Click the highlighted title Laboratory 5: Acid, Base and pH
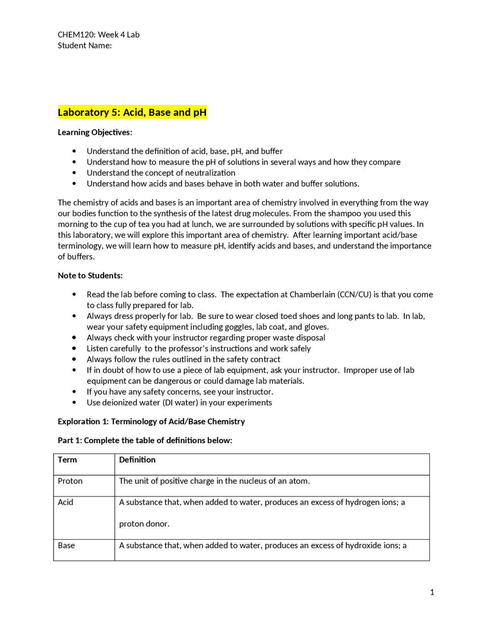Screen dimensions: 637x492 pos(132,112)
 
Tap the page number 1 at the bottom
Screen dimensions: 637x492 pos(432,592)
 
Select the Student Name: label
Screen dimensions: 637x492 pos(85,45)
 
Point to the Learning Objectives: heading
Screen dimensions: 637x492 pos(95,132)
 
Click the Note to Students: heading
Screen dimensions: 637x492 pos(90,275)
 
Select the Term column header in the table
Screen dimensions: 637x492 pos(67,460)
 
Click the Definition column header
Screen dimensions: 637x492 pos(137,460)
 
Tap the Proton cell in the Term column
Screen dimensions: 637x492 pos(70,481)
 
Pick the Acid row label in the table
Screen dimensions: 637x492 pos(65,502)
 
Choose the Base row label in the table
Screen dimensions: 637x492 pos(66,545)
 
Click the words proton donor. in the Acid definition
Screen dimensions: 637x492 pos(144,524)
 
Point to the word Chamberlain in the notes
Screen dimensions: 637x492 pos(312,294)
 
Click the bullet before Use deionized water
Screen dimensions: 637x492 pos(74,402)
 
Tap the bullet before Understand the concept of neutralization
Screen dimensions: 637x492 pos(74,173)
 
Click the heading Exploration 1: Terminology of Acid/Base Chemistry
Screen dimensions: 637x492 pos(151,421)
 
